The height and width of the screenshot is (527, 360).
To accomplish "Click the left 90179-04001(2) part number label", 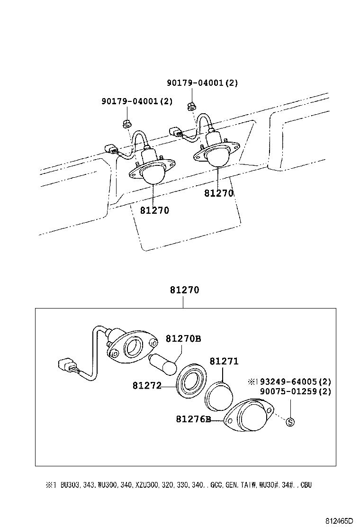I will pos(137,101).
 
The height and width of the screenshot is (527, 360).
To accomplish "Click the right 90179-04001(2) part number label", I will pos(202,82).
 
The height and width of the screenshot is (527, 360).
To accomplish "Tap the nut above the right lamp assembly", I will pos(191,105).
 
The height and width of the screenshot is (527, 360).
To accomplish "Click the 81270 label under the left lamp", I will pos(154,210).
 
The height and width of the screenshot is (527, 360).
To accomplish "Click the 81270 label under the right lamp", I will pos(219,193).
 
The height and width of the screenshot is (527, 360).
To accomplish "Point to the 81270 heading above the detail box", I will pos(185,290).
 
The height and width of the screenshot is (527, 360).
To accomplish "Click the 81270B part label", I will pos(183,338).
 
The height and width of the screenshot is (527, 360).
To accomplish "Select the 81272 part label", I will pos(147,386).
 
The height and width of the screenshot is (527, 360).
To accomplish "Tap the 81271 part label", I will pos(224,362).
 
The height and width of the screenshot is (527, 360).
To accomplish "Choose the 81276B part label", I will pos(193,419).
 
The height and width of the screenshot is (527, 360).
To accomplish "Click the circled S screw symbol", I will pos(290,422).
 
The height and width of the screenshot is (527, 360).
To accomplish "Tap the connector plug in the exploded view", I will pos(66,366).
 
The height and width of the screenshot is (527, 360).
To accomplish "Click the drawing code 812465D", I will pos(339,520).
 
